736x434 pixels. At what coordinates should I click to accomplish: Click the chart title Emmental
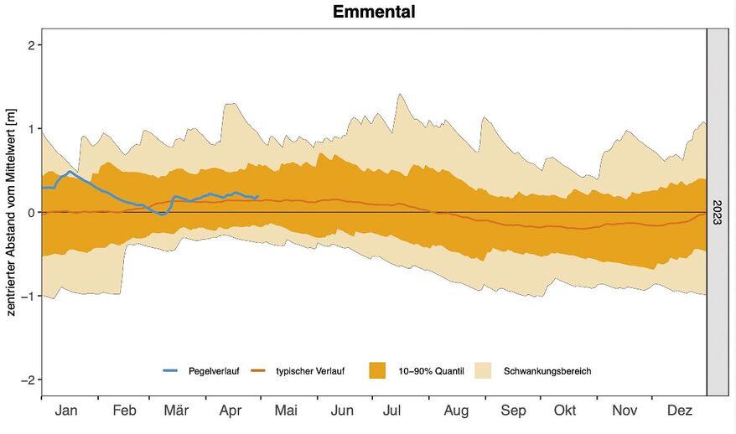[374, 12]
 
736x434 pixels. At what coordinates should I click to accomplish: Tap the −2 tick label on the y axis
[26, 380]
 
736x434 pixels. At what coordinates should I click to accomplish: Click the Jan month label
[65, 411]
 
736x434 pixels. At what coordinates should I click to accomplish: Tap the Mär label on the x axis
[176, 411]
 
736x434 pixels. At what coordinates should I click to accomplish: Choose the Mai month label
[286, 411]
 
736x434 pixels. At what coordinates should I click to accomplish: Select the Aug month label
[456, 411]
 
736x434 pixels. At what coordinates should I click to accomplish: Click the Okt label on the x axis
[566, 411]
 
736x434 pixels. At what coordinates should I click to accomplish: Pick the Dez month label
[680, 411]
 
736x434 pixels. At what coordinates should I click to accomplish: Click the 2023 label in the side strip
[717, 211]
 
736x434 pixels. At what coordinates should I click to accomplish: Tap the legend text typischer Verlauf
[310, 370]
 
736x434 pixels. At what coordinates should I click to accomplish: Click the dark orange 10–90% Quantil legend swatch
[377, 370]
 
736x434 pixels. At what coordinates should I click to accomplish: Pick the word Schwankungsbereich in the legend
[548, 370]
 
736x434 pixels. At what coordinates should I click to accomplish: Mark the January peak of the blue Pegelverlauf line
[70, 172]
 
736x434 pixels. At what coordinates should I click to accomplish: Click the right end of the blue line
[258, 196]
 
